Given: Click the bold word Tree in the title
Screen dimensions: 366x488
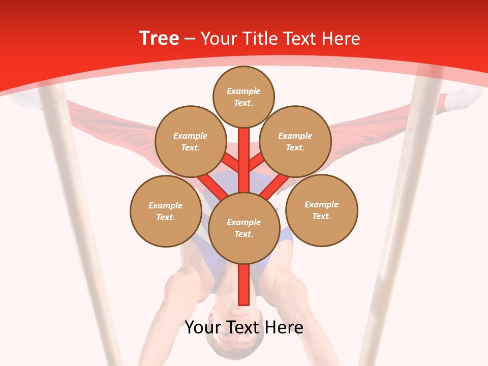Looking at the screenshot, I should pyautogui.click(x=159, y=39).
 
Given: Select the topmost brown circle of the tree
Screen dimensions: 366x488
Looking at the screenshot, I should pyautogui.click(x=243, y=97).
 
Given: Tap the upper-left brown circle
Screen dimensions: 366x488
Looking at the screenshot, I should pyautogui.click(x=190, y=141).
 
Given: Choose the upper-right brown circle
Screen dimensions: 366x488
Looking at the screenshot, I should pyautogui.click(x=295, y=141).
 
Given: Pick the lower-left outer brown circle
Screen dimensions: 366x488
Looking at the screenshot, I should pyautogui.click(x=165, y=211).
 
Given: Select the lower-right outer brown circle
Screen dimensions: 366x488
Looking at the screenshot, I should pyautogui.click(x=321, y=210).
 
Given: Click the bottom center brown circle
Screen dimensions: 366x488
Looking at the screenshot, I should pyautogui.click(x=244, y=228).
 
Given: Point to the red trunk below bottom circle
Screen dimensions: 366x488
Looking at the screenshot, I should pyautogui.click(x=244, y=285).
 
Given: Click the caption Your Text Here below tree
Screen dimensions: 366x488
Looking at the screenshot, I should pyautogui.click(x=244, y=327).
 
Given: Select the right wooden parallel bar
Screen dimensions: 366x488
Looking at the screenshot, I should pyautogui.click(x=402, y=213).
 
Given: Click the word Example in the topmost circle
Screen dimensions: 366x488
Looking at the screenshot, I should pyautogui.click(x=243, y=91).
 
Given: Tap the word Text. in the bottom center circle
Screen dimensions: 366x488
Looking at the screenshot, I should pyautogui.click(x=243, y=234).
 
